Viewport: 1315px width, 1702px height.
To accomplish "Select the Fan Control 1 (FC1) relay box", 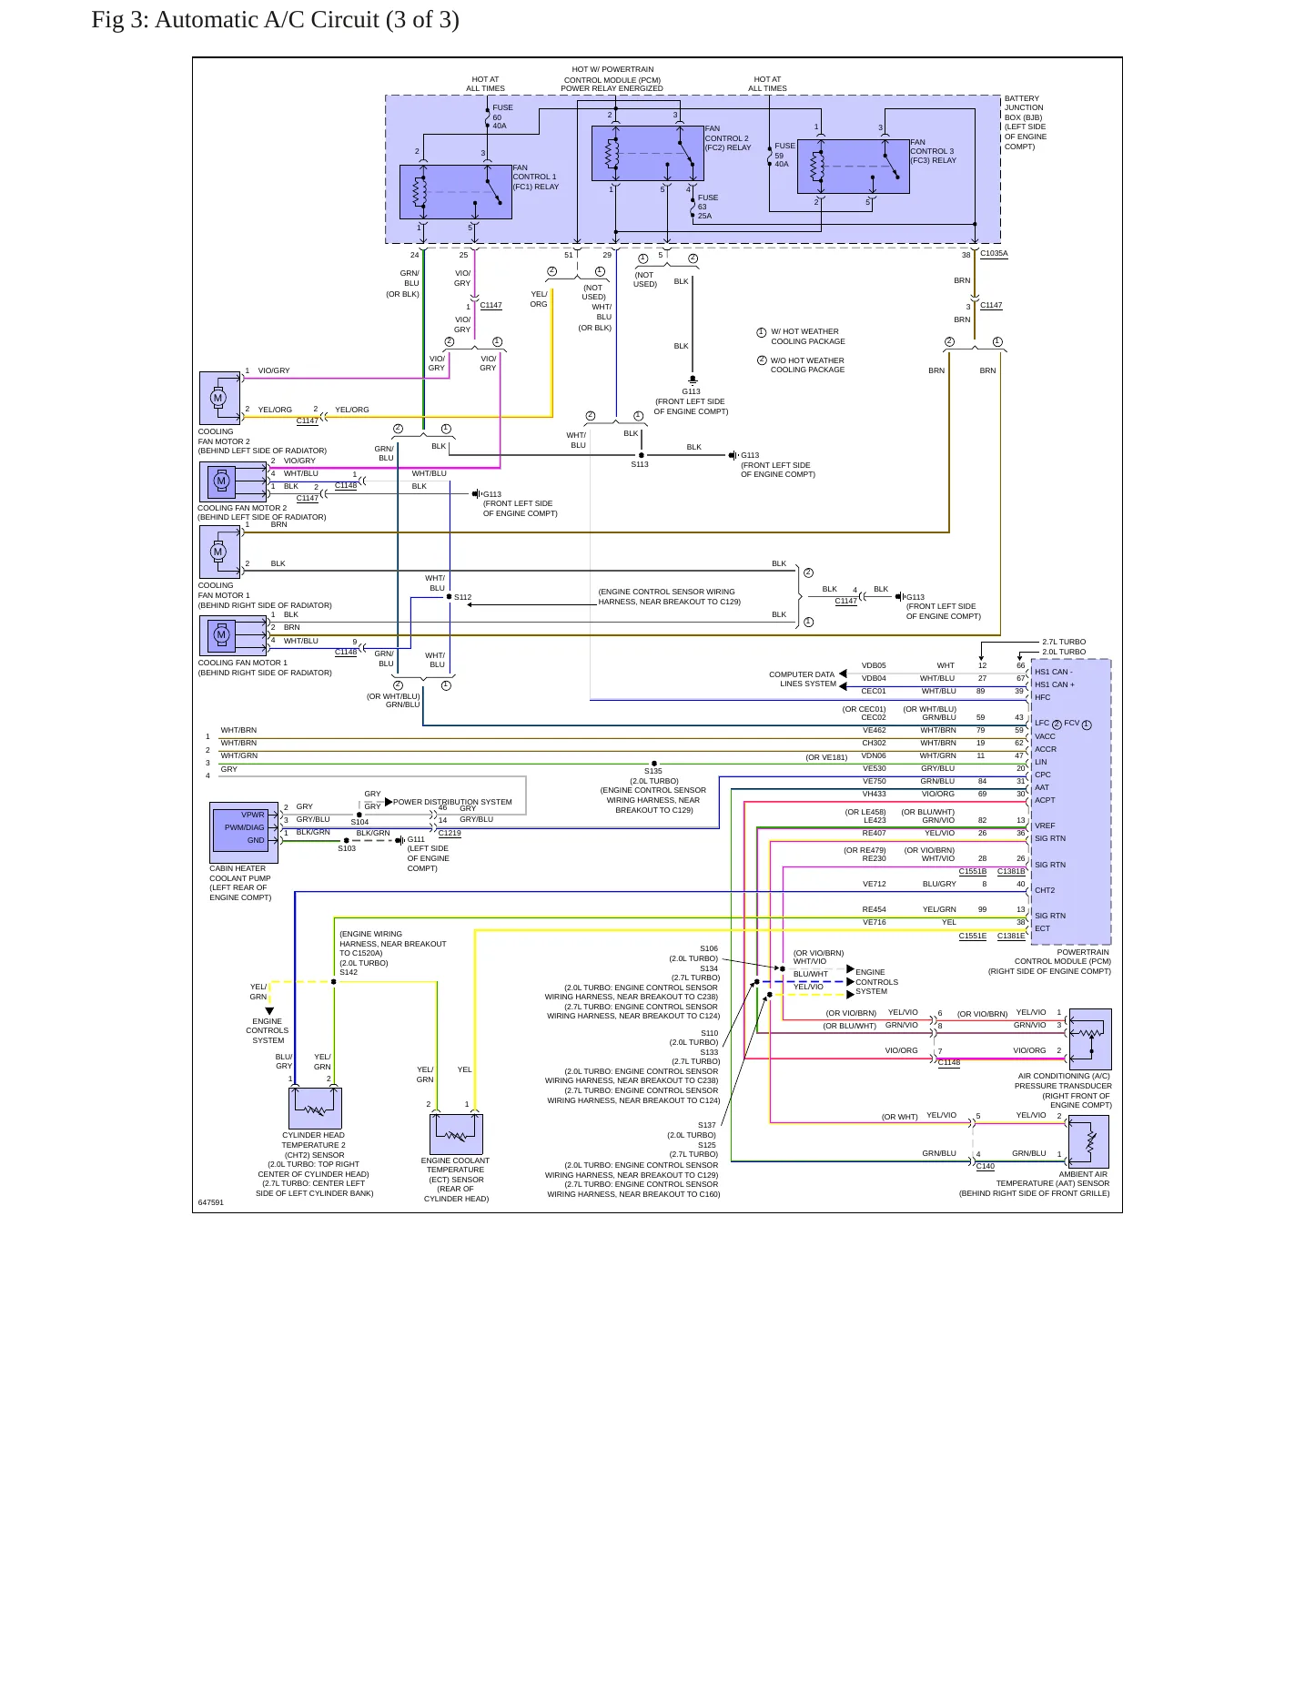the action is [x=456, y=192].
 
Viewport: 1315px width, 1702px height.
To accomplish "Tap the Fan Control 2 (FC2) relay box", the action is [x=648, y=154].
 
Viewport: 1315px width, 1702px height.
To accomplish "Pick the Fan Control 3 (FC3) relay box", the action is [x=854, y=167].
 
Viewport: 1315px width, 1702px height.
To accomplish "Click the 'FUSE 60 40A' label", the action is [x=502, y=117].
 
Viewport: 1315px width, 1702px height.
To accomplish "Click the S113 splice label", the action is [x=640, y=464].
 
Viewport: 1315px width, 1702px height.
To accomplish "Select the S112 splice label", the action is [x=463, y=598].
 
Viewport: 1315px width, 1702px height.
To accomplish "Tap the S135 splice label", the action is [x=653, y=771].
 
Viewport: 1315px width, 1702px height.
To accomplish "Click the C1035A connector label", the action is [x=994, y=253].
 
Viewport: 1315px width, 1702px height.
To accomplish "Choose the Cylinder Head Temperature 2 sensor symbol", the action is [x=315, y=1109].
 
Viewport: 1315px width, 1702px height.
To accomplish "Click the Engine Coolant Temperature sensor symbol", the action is [x=456, y=1134].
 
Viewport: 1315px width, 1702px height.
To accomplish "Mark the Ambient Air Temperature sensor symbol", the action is [x=1088, y=1142].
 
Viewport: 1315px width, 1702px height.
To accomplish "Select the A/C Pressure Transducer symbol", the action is [x=1090, y=1038].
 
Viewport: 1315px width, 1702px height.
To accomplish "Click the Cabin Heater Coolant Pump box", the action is [x=244, y=833].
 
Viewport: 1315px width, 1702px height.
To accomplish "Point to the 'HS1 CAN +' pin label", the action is [x=1055, y=684].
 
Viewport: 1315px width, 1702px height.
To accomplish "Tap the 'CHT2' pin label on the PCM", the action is [x=1045, y=890].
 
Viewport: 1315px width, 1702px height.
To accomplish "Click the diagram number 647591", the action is [x=210, y=1202].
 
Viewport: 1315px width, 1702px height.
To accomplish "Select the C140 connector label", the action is [x=986, y=1166].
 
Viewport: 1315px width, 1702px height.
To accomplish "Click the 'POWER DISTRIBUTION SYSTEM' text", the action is [x=452, y=802].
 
